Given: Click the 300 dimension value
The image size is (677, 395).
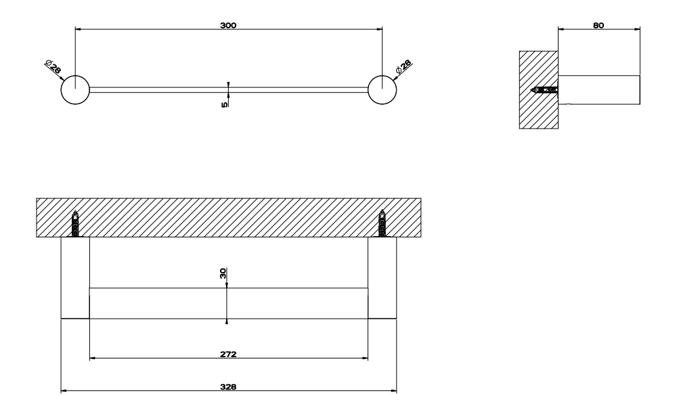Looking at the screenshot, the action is [x=228, y=26].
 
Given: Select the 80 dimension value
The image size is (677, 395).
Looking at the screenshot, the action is [x=598, y=26].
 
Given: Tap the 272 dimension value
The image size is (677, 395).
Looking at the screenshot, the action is [x=228, y=354].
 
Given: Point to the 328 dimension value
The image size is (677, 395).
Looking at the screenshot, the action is [x=228, y=387].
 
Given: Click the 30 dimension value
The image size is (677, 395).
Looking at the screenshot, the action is [x=223, y=273].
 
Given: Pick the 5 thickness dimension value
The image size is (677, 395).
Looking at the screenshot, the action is [x=225, y=104].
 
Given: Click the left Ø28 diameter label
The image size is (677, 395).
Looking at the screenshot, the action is [x=53, y=67].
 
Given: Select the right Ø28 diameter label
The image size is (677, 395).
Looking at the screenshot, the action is [x=403, y=66].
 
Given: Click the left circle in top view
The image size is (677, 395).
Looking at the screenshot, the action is [x=75, y=90].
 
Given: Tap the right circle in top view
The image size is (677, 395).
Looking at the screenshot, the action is [x=382, y=90].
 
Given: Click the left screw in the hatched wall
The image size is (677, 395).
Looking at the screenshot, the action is [x=75, y=223].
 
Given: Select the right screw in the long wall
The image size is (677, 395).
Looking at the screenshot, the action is [x=382, y=223].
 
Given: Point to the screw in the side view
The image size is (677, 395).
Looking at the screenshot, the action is [x=544, y=90].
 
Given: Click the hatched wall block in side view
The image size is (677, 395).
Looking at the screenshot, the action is [x=538, y=90].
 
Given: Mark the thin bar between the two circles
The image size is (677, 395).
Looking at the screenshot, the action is [x=229, y=90].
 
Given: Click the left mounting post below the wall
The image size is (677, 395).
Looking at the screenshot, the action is [x=75, y=278].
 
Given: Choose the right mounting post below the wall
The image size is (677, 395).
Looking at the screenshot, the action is [x=382, y=278].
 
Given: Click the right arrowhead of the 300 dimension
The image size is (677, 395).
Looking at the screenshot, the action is [x=380, y=29].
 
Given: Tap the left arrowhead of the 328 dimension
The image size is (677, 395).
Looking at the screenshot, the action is [x=64, y=391].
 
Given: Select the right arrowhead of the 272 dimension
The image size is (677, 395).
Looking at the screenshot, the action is [x=366, y=358].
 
